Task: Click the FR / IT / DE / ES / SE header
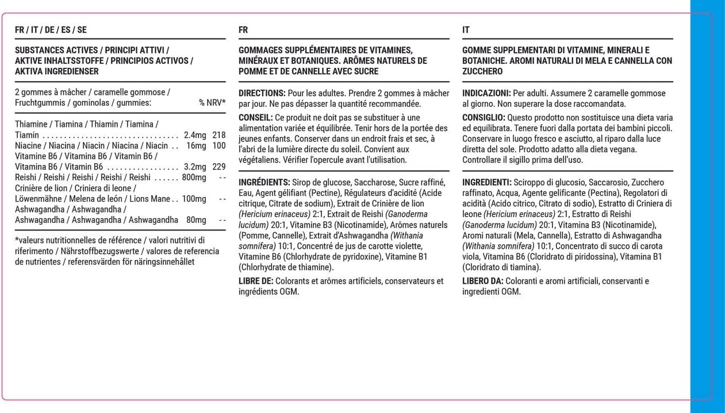pyautogui.click(x=51, y=30)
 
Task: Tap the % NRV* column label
pyautogui.click(x=212, y=103)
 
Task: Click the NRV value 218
pyautogui.click(x=218, y=135)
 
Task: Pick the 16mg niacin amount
pyautogui.click(x=196, y=145)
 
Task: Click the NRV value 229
pyautogui.click(x=218, y=167)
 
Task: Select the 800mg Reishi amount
pyautogui.click(x=194, y=177)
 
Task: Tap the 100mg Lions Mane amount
pyautogui.click(x=194, y=199)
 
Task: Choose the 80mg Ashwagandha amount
pyautogui.click(x=196, y=220)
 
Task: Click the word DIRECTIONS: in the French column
pyautogui.click(x=262, y=93)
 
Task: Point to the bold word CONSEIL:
pyautogui.click(x=256, y=117)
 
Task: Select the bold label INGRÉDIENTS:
pyautogui.click(x=264, y=182)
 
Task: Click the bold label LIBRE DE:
pyautogui.click(x=256, y=281)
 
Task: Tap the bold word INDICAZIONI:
pyautogui.click(x=486, y=93)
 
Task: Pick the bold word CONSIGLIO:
pyautogui.click(x=484, y=117)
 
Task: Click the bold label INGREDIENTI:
pyautogui.click(x=487, y=182)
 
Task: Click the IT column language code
pyautogui.click(x=466, y=30)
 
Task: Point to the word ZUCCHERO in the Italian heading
pyautogui.click(x=482, y=71)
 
